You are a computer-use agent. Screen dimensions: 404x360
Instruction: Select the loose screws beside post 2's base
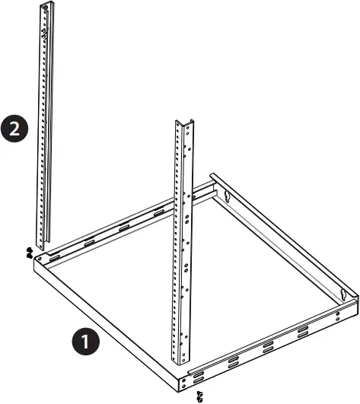tap(28, 253)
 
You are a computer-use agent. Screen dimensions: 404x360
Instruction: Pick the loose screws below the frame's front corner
tap(199, 395)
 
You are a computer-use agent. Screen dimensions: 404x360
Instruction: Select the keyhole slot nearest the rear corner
tap(227, 196)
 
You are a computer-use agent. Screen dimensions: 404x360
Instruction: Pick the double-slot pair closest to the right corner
tap(303, 329)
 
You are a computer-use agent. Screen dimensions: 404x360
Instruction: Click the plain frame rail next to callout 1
tap(114, 320)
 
